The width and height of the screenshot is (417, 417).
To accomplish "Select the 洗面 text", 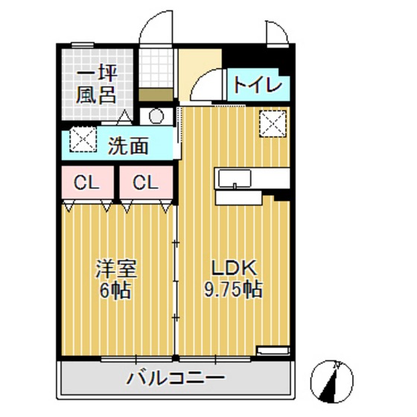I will [x=128, y=145].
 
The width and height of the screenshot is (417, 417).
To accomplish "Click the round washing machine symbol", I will [x=156, y=116].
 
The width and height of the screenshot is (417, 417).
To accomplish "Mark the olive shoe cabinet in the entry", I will [x=156, y=95].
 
